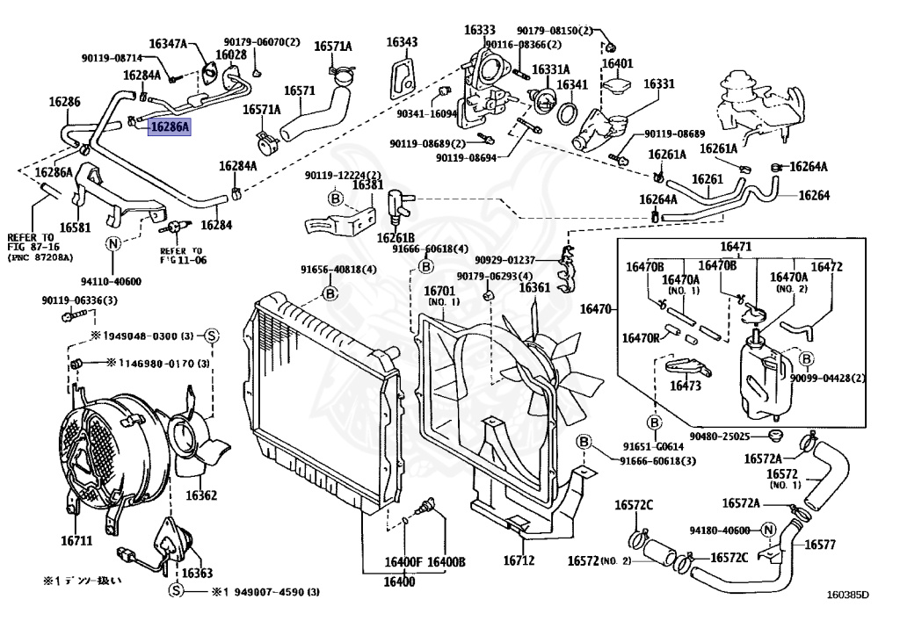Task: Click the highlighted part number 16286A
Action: pos(169,126)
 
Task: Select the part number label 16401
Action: pos(616,64)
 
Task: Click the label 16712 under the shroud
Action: pos(519,560)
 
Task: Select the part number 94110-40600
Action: pos(112,282)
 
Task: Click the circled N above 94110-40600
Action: pos(113,244)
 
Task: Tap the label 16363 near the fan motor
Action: pos(197,574)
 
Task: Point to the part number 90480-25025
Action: pos(719,437)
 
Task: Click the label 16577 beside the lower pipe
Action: pos(819,545)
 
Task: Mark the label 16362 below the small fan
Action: pos(200,495)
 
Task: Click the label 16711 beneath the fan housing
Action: pos(76,541)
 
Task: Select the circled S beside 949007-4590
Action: pos(175,591)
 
